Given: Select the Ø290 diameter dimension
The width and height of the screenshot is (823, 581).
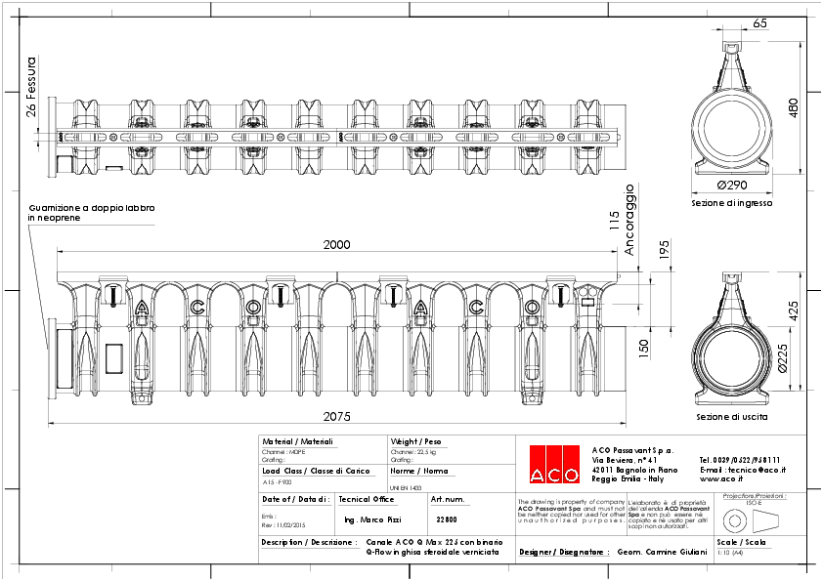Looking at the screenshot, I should [732, 186].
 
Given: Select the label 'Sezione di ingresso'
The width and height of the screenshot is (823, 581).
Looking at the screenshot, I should [732, 203].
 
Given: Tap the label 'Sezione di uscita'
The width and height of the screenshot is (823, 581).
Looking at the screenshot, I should [731, 417].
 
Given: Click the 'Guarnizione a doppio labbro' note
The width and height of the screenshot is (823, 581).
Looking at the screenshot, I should [92, 208].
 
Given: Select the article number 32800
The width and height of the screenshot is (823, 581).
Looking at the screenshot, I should [446, 519].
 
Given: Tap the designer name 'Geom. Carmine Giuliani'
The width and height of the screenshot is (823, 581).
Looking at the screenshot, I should [661, 552].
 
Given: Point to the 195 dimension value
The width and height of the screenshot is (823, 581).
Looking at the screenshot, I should [664, 249].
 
